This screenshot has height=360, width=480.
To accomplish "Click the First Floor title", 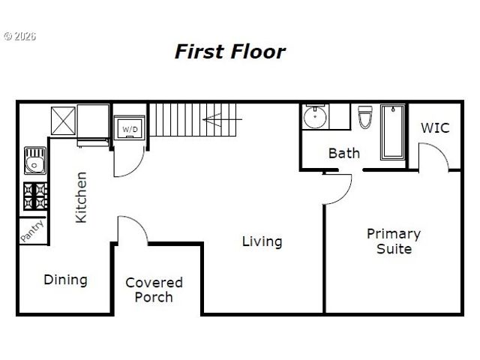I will pyautogui.click(x=229, y=52).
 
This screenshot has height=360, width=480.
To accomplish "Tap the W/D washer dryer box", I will pyautogui.click(x=130, y=129).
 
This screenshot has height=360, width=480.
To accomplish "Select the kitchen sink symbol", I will pyautogui.click(x=34, y=161).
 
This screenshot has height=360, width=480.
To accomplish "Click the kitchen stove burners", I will pyautogui.click(x=34, y=196).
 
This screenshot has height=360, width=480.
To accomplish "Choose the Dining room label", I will pyautogui.click(x=65, y=280).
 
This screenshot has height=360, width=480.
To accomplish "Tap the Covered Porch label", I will pyautogui.click(x=154, y=289).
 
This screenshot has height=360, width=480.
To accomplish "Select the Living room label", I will pyautogui.click(x=262, y=241).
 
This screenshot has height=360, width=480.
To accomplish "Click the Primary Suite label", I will pyautogui.click(x=393, y=241).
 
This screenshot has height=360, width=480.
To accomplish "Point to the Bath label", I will pyautogui.click(x=343, y=153).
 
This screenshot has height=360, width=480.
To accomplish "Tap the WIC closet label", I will pyautogui.click(x=434, y=127).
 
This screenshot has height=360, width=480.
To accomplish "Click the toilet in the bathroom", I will pyautogui.click(x=365, y=118).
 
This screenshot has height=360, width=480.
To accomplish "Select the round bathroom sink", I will pyautogui.click(x=314, y=118).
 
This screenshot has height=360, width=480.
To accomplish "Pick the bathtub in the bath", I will pyautogui.click(x=392, y=132).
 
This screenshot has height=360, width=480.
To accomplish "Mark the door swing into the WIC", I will pyautogui.click(x=434, y=154).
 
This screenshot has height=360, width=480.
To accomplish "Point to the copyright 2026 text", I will pyautogui.click(x=20, y=35).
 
